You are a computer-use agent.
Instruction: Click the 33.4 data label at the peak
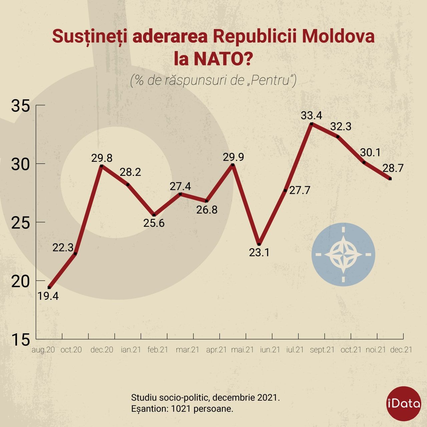(311, 115)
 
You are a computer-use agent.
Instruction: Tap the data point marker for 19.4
(49, 287)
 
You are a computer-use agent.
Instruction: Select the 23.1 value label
(259, 253)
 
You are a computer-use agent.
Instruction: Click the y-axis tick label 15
(21, 340)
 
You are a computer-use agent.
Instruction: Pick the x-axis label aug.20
(43, 350)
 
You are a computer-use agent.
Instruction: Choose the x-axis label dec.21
(401, 350)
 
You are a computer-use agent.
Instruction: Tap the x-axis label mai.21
(243, 350)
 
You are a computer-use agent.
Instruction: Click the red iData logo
(403, 403)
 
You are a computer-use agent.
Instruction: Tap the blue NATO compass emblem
(343, 255)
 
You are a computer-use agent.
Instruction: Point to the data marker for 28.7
(390, 179)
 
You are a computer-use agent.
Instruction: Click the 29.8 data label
(102, 158)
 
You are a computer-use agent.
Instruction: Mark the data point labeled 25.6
(154, 215)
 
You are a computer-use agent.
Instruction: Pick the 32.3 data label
(341, 127)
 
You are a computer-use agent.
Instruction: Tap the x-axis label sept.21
(322, 350)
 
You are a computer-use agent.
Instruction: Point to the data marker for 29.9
(233, 165)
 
